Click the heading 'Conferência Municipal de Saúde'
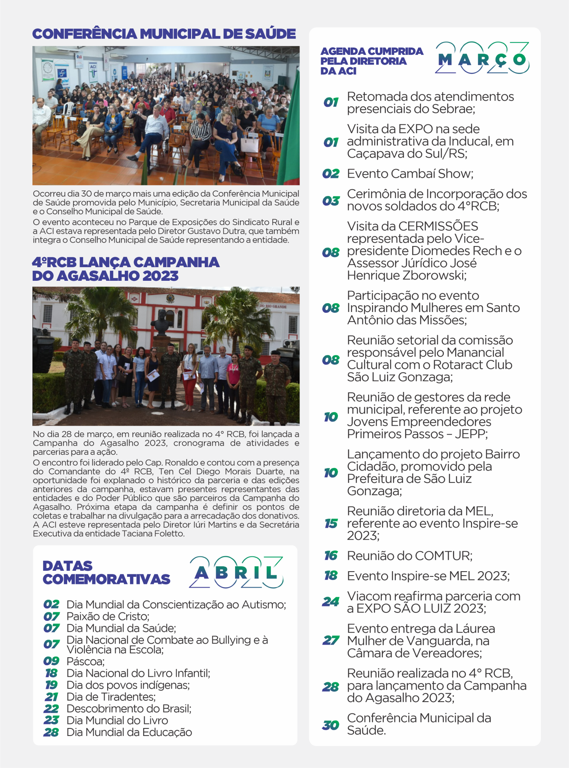pos(164,34)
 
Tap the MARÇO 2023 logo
pos(482,58)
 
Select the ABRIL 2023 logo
pos(236,572)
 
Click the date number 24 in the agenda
pos(331,602)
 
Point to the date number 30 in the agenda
pos(331,725)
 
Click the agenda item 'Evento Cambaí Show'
pos(410,174)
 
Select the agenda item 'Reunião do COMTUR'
pos(409,556)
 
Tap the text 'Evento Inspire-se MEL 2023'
pos(428,576)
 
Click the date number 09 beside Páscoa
pos(52,661)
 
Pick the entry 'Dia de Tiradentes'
pos(111,696)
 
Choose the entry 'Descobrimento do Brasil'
pos(129,708)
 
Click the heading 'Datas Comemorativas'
pos(106,572)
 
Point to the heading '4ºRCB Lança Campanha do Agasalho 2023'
pos(126,269)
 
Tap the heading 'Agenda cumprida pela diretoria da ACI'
pos(371,61)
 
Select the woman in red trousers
pos(190,372)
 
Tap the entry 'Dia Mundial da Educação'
pos(129,732)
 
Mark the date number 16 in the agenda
pos(331,556)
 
